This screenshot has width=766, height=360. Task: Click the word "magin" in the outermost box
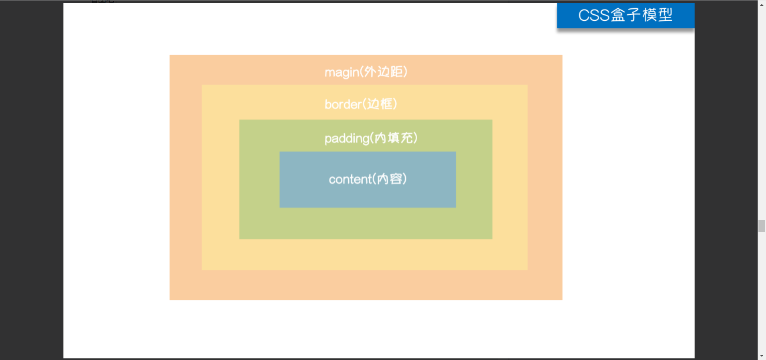click(342, 73)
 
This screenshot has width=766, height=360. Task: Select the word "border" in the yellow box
click(343, 105)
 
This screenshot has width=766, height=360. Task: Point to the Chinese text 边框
click(380, 104)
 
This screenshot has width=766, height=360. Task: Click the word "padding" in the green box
click(347, 139)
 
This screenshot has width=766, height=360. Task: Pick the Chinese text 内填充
click(394, 138)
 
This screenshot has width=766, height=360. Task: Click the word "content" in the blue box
click(350, 180)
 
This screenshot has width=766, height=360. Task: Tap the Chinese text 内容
click(389, 179)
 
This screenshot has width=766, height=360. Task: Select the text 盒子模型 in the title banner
click(642, 15)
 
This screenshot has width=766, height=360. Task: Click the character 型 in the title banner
click(665, 15)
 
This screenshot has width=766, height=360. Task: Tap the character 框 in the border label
click(386, 104)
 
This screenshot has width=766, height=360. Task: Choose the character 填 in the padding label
click(394, 138)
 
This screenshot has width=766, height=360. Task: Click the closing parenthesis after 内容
click(405, 179)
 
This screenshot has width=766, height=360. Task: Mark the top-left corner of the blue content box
click(280, 152)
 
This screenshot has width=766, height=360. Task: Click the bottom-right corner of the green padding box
click(492, 239)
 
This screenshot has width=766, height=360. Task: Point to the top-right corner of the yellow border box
click(527, 85)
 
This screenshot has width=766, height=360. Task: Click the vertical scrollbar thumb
click(762, 226)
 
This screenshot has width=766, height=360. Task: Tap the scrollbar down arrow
click(762, 356)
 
